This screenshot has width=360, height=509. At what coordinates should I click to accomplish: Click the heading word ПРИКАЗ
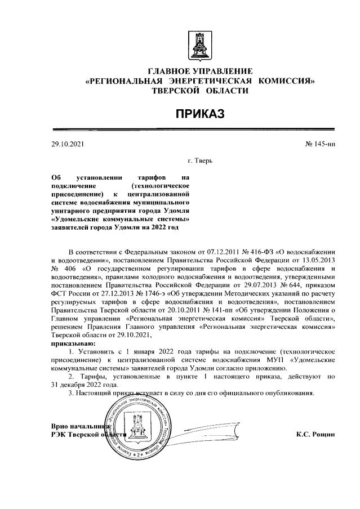[x=199, y=114]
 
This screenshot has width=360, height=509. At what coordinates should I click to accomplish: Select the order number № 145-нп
[x=320, y=145]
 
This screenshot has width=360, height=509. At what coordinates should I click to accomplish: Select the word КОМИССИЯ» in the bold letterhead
[x=286, y=81]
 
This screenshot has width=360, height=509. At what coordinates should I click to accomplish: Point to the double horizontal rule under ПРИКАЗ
[x=199, y=129]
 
